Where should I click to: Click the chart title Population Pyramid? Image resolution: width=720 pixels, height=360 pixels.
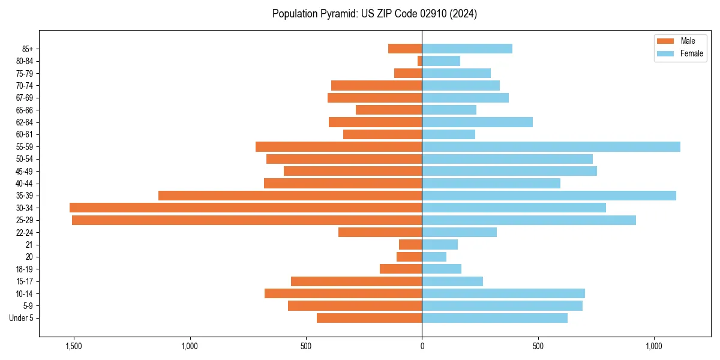tap(374, 14)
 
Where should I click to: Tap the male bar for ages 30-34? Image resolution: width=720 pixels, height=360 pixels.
tap(245, 208)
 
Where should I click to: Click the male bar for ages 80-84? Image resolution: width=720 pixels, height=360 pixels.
tap(419, 61)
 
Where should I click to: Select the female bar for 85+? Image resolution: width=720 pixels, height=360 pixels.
tap(467, 49)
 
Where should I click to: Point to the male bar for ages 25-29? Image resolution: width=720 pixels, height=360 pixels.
tap(247, 220)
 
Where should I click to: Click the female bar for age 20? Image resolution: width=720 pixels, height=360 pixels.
tap(434, 257)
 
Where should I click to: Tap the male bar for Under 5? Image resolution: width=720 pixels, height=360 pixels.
tap(369, 318)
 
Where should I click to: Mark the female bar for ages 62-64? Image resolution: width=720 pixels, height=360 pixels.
tap(477, 122)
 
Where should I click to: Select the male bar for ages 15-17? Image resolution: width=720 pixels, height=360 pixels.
tap(356, 281)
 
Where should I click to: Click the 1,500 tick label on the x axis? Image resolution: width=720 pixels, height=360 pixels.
tap(73, 347)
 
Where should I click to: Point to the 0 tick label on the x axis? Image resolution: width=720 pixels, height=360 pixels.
tap(422, 347)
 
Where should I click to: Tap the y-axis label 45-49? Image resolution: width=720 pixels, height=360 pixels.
tap(24, 171)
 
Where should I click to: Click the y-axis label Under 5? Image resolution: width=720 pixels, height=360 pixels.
tap(21, 318)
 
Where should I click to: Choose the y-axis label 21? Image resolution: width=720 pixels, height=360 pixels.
tap(29, 245)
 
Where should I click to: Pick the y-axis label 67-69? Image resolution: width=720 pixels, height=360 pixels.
tap(24, 98)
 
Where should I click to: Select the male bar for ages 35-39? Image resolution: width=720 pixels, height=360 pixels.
tap(290, 196)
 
